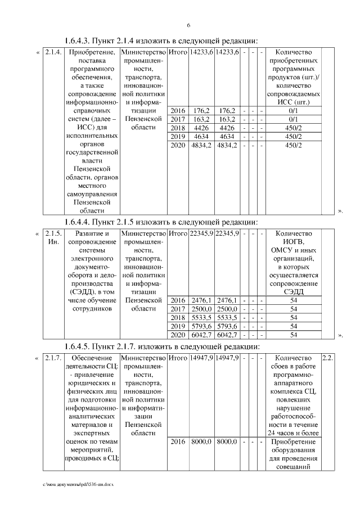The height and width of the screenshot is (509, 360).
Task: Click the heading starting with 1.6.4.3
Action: pyautogui.click(x=160, y=40)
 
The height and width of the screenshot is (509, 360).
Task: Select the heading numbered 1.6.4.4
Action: pyautogui.click(x=160, y=220)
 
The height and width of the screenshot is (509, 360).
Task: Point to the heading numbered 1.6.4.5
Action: pyautogui.click(x=161, y=345)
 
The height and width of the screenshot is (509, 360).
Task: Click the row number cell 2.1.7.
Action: pyautogui.click(x=52, y=358)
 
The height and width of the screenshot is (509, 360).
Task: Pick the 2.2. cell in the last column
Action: pyautogui.click(x=327, y=358)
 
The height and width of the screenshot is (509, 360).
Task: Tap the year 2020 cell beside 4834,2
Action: pyautogui.click(x=178, y=146)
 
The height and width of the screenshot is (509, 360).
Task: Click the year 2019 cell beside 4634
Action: pyautogui.click(x=178, y=137)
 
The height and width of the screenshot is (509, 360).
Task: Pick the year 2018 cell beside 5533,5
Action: pyautogui.click(x=178, y=318)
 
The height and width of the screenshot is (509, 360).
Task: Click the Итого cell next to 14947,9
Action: pyautogui.click(x=178, y=358)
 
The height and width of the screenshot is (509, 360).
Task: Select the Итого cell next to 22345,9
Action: pyautogui.click(x=178, y=233)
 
